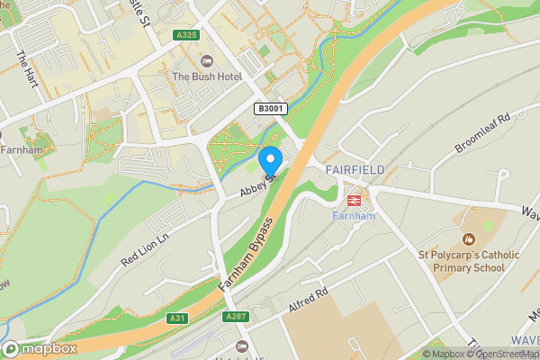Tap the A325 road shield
186,35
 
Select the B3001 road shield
267,109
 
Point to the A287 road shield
236,316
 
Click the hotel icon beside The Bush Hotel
206,60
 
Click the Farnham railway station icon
353,200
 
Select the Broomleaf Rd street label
482,132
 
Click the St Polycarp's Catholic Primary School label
468,261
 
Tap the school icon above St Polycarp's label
467,239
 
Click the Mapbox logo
40,348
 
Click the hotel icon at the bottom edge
240,346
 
